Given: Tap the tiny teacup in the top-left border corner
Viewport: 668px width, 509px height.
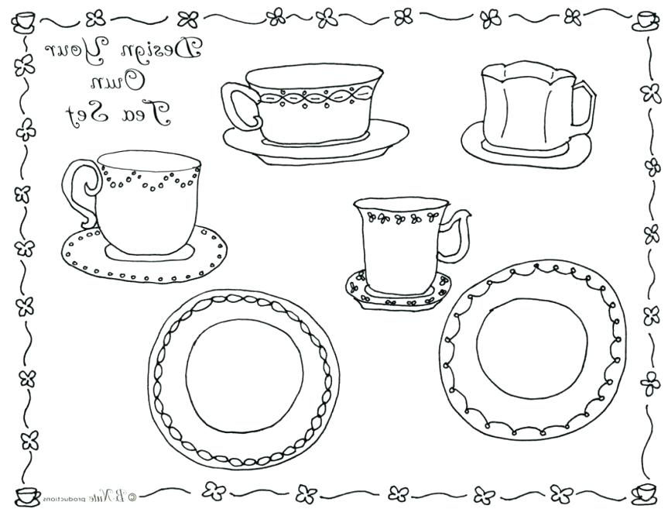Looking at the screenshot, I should pos(25,19).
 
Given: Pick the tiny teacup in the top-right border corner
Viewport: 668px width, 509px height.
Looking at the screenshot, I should pos(644,21).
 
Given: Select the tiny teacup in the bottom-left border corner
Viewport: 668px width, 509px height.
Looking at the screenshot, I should pos(25,493).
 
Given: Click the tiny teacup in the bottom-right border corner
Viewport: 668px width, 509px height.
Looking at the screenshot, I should pos(644,491).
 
